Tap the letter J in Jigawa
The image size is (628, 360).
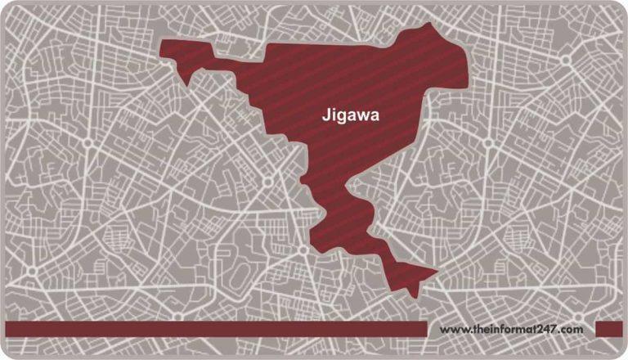(321, 116)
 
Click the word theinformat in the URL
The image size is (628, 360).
(498, 329)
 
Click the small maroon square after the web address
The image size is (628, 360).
(608, 329)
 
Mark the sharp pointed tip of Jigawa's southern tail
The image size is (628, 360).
(436, 272)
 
